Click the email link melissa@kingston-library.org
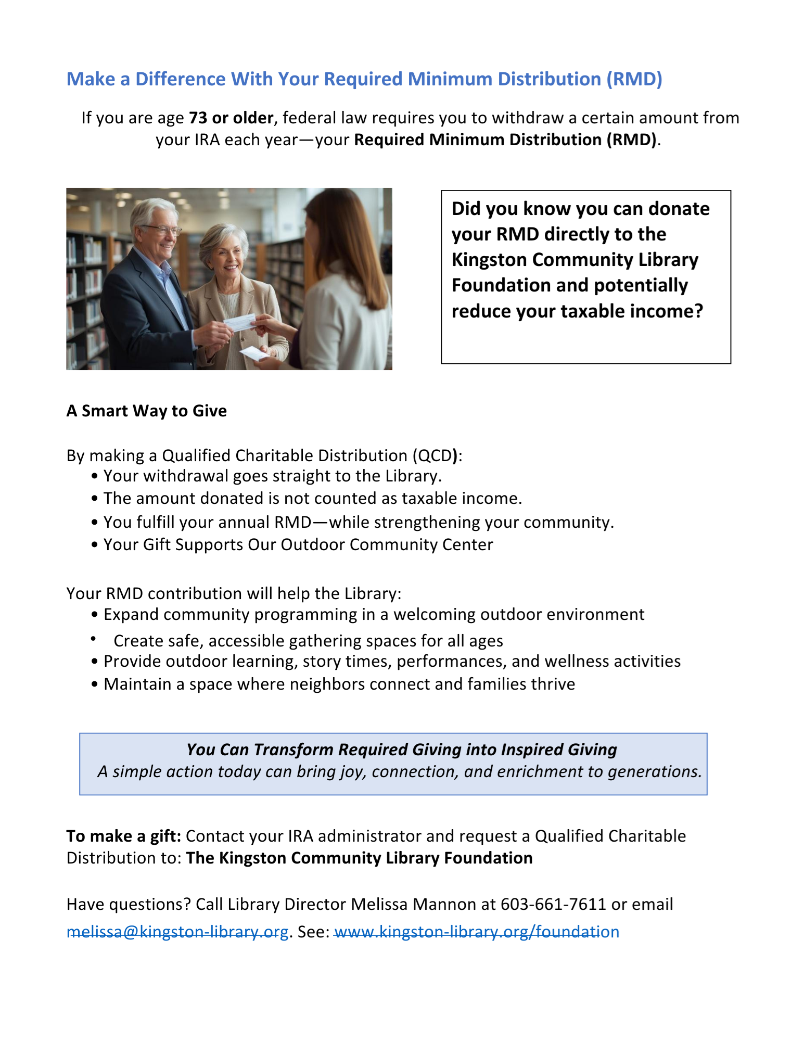177,931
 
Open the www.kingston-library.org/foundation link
477,931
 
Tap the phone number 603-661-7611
553,904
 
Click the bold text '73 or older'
231,118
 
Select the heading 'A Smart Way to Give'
146,411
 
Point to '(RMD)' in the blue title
634,79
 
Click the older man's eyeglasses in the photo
161,229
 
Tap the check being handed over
239,323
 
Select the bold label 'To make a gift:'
123,836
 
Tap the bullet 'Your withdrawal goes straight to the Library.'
272,476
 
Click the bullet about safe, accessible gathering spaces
308,641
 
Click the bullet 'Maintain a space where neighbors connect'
339,684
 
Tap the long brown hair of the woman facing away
333,234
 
